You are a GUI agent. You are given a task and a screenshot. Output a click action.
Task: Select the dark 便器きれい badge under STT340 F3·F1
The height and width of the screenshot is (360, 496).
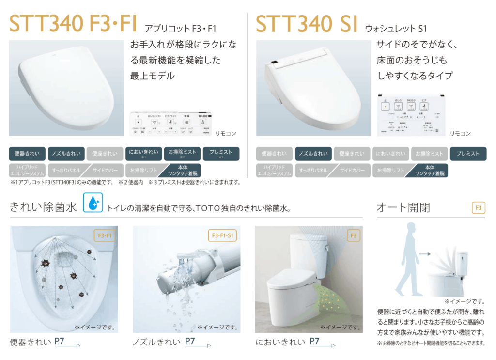pos(27,154)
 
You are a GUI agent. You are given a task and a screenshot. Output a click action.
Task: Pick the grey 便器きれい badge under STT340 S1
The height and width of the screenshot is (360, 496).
pos(274,154)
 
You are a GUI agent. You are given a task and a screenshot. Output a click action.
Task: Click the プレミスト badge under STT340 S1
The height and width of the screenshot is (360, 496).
pos(468,154)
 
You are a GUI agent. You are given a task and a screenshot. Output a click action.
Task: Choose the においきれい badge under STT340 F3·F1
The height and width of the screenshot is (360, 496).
pos(144,154)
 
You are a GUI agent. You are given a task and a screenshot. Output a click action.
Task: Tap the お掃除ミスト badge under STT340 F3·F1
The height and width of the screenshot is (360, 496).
pos(182,154)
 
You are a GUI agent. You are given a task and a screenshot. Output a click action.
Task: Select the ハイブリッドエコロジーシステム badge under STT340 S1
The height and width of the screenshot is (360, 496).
pos(274,171)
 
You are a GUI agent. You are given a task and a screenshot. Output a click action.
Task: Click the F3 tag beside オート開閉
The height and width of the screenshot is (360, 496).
pos(478,208)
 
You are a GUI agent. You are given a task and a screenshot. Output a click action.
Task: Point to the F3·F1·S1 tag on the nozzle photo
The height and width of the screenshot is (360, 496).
pos(224,236)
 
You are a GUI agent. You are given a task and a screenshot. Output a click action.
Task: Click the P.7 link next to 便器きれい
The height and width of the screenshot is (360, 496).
pos(61,342)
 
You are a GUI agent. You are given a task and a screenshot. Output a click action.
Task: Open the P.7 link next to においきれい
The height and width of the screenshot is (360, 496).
pos(315,342)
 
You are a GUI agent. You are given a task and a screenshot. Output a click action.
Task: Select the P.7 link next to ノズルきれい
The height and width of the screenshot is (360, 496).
pos(190,342)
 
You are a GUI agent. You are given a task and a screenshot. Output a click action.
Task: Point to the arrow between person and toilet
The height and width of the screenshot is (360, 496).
pos(425,253)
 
